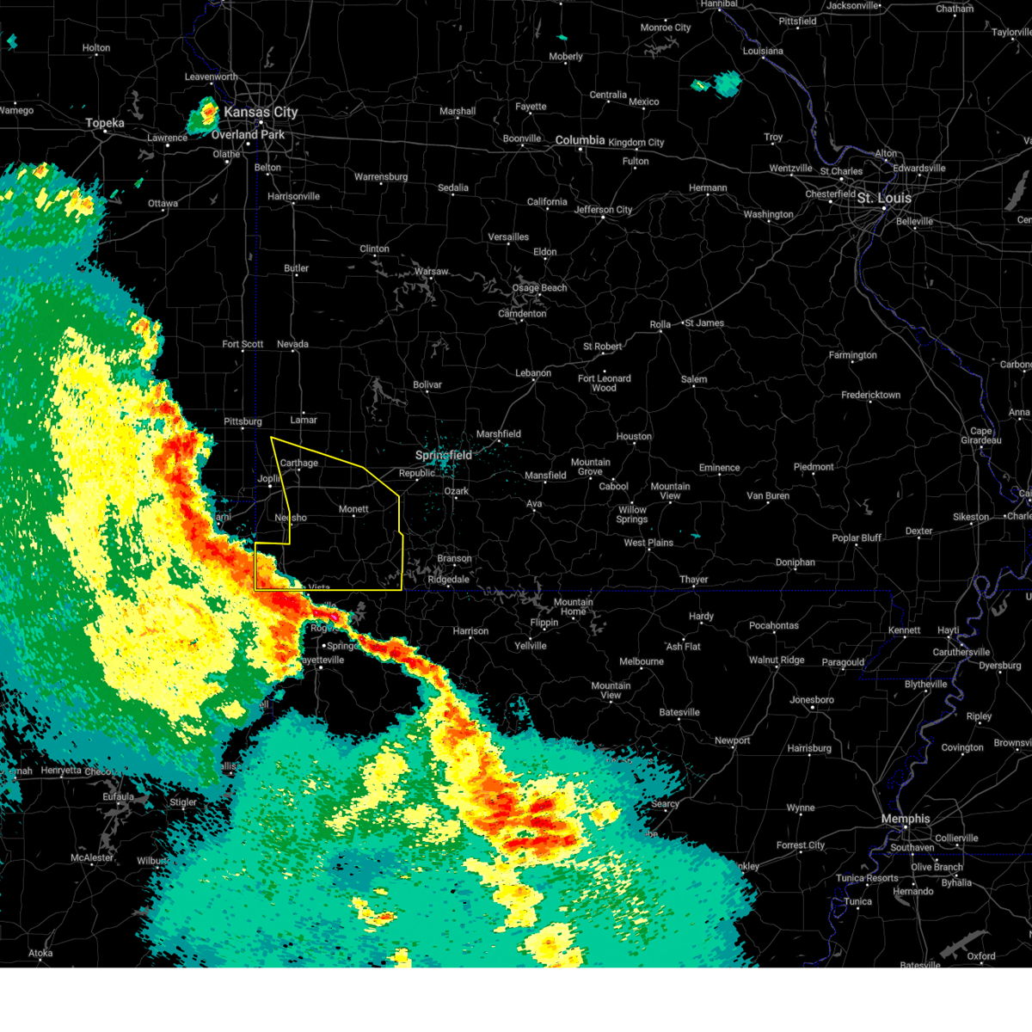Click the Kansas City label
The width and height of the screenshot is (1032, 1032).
[261, 112]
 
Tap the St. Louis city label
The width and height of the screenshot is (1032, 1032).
[884, 198]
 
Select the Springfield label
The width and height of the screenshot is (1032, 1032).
[444, 455]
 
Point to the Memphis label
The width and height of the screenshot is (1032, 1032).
[906, 819]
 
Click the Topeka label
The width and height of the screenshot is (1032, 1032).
[105, 123]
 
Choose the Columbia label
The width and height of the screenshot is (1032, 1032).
[580, 140]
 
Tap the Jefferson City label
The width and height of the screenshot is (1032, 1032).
[603, 210]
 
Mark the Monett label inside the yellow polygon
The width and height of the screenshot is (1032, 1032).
[353, 509]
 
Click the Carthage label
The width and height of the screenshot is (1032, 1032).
[299, 463]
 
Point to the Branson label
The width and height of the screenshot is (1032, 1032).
[454, 558]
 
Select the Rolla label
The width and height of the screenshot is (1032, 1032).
[660, 324]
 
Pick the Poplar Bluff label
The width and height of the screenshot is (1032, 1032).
[857, 537]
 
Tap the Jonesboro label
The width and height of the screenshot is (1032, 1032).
[812, 699]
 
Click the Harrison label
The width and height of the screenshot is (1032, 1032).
[470, 630]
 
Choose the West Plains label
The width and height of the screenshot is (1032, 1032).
[648, 543]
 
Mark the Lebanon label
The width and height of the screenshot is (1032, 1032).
[533, 373]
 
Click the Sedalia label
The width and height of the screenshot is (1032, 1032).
[453, 187]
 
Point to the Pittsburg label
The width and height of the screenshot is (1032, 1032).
[243, 421]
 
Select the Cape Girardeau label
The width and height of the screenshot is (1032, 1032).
[981, 436]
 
